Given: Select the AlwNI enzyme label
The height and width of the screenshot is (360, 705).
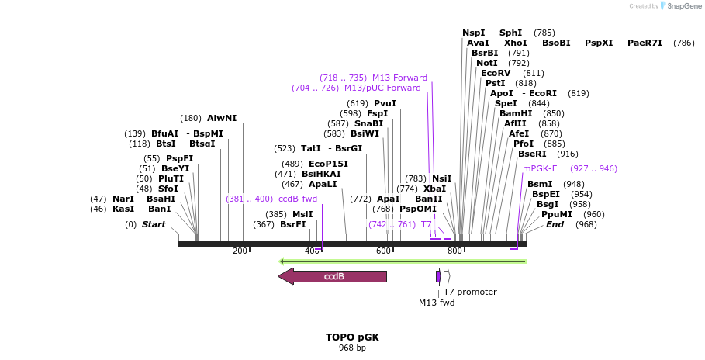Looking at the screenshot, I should (222, 118).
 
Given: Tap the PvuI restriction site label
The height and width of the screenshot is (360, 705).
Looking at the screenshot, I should (385, 103).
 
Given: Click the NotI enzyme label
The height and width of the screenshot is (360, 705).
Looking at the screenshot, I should (487, 63).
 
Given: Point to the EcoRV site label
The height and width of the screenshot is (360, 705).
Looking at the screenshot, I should (496, 73).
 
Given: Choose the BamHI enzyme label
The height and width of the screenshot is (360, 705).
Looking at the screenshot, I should (515, 113).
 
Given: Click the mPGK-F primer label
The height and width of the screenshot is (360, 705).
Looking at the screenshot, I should (540, 168).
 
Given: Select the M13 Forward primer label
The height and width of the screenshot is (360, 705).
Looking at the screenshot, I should (399, 78).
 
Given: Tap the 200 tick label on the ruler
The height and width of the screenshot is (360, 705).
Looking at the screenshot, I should (240, 251).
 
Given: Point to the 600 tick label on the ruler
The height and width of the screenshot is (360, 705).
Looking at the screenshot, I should (383, 251).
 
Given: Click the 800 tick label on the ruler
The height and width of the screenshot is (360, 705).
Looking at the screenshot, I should (455, 251).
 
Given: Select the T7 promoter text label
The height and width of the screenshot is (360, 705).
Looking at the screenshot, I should (470, 292).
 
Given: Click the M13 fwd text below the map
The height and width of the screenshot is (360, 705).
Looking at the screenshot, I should (437, 303).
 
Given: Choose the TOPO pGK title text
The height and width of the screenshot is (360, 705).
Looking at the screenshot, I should (352, 337).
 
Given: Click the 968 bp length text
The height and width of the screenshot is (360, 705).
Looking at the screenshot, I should (352, 348).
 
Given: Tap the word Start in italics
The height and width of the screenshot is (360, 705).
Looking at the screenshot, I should (154, 224).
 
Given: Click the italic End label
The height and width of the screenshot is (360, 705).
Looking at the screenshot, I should (555, 224).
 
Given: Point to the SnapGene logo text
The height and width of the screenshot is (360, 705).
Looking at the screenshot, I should (679, 5).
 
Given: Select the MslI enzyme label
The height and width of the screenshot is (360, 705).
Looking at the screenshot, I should (302, 214).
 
